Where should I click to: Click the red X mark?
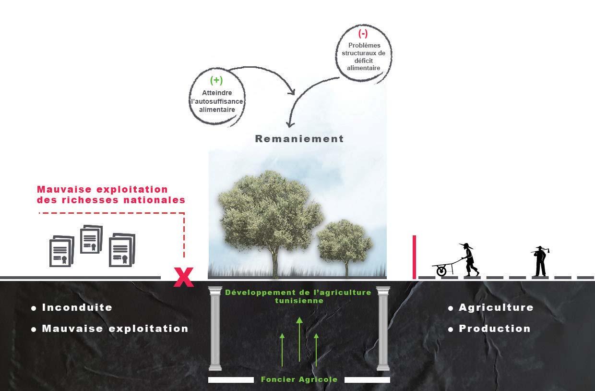(183, 277)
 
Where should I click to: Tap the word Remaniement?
(299, 139)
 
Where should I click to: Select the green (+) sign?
(216, 80)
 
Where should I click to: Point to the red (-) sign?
(363, 34)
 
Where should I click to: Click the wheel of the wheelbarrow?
(441, 271)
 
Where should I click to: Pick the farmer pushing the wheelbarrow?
(469, 260)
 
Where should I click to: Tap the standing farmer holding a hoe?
(540, 262)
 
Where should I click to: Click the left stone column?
(215, 329)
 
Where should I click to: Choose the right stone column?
(383, 329)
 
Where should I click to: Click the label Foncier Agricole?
(299, 379)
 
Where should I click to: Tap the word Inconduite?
(77, 307)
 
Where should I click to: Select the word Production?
(494, 329)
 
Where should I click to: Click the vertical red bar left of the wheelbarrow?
(414, 257)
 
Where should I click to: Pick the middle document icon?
(91, 240)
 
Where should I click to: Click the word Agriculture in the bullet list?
(496, 307)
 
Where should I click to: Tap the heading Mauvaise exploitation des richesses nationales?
(111, 195)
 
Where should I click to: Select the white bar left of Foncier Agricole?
(231, 380)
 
